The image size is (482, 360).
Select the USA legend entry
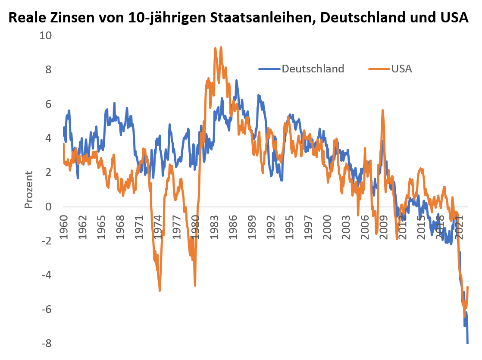(402, 69)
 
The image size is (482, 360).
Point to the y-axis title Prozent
(29, 190)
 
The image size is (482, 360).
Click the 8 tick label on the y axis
(48, 70)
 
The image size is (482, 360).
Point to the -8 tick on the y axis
(46, 344)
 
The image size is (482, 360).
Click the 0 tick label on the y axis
(48, 207)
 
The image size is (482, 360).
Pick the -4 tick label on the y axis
(46, 275)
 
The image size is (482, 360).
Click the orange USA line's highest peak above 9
(221, 47)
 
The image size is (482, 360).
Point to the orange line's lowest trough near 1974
(160, 291)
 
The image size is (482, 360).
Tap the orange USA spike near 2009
(382, 110)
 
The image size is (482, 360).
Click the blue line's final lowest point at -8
(468, 343)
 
